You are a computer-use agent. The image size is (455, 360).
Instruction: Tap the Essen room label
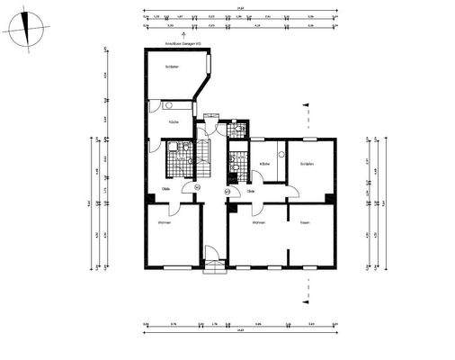point(305,221)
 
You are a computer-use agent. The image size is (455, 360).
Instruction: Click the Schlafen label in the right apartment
point(307,164)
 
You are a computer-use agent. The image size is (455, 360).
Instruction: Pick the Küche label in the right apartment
point(264,164)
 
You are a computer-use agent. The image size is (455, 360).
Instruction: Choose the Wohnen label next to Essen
point(257,221)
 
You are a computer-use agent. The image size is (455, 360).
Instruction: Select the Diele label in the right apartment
point(252,191)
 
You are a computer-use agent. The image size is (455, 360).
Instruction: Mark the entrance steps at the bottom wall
point(214,265)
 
